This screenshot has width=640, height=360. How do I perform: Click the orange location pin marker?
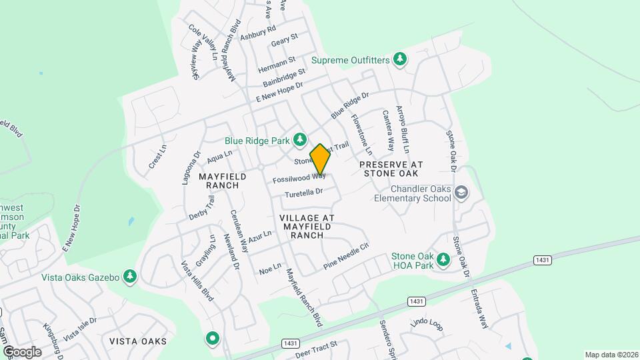point(320,159)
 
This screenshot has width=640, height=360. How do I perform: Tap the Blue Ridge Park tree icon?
point(301,139)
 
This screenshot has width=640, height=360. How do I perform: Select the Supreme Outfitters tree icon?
point(400,60)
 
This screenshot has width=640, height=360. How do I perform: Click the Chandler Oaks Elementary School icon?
point(461,193)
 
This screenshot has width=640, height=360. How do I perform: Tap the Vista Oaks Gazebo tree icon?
point(130,276)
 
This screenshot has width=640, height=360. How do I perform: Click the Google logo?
point(22,351)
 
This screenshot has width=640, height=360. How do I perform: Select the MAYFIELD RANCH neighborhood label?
point(223,181)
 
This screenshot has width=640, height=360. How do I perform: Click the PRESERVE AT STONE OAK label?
point(391,168)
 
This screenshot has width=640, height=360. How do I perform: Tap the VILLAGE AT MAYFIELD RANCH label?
point(307,227)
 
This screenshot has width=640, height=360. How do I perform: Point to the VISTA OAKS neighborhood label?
point(138,341)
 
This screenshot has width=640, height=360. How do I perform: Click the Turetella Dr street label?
point(304,193)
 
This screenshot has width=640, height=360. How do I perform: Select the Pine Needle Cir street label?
point(346,255)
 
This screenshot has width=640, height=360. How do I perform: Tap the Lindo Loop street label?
point(427,325)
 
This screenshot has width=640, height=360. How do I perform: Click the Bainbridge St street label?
point(284,77)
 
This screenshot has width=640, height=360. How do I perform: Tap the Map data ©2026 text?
point(610,355)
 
